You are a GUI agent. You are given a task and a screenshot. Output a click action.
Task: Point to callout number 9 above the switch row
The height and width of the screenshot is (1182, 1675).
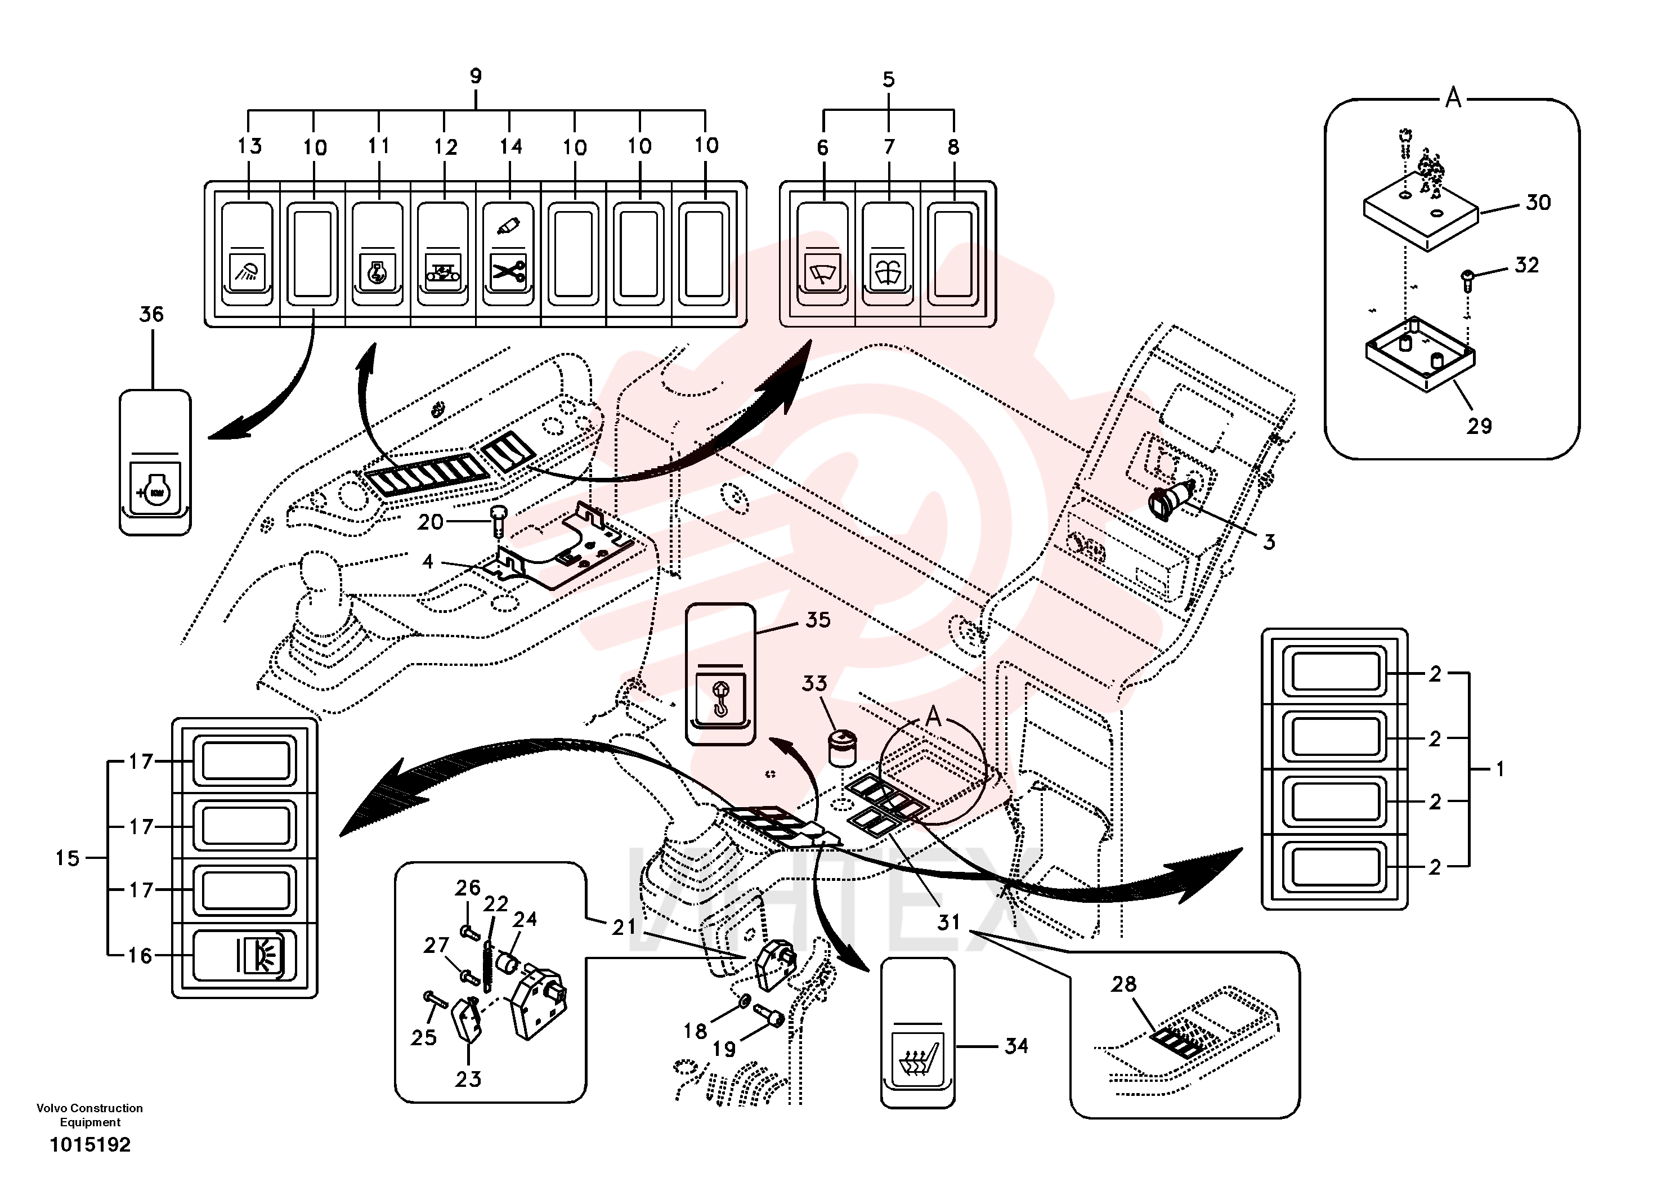pos(476,76)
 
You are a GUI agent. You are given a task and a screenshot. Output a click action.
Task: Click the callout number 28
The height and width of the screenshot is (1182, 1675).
pos(1123,984)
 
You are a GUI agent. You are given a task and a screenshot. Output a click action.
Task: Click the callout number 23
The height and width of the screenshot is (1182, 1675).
pos(468,1079)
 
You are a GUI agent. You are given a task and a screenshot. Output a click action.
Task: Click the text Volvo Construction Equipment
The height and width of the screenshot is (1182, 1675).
pos(89,1115)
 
